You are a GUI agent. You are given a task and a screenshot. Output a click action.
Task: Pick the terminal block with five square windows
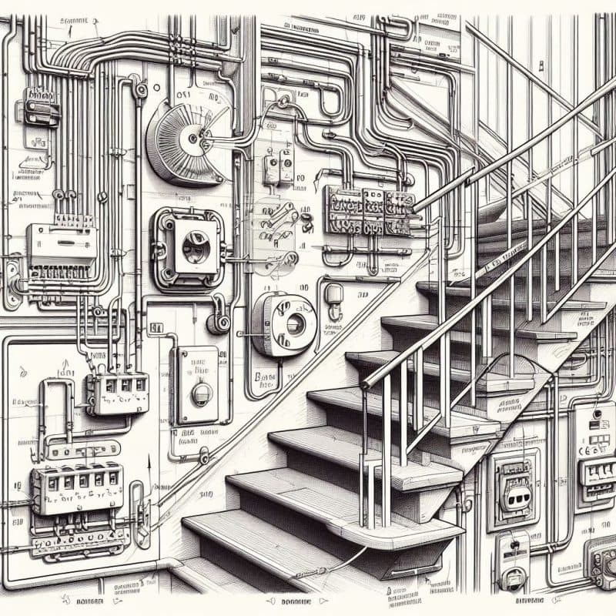(x=77, y=487)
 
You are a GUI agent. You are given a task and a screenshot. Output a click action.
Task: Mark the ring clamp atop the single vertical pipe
(x=140, y=92)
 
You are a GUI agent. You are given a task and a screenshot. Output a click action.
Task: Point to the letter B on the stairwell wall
(x=257, y=377)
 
